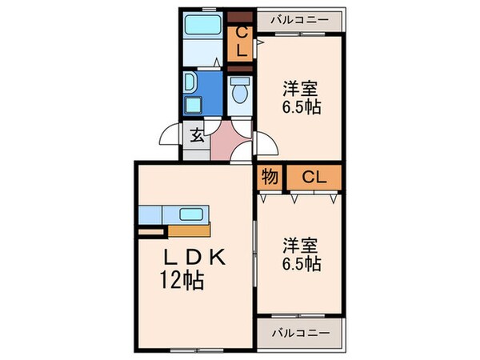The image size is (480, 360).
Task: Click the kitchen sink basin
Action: pyautogui.click(x=190, y=214)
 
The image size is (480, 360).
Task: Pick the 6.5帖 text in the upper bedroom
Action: pyautogui.click(x=302, y=107)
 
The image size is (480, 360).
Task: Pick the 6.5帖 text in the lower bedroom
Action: pyautogui.click(x=302, y=263)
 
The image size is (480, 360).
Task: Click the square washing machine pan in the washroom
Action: pyautogui.click(x=191, y=104)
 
